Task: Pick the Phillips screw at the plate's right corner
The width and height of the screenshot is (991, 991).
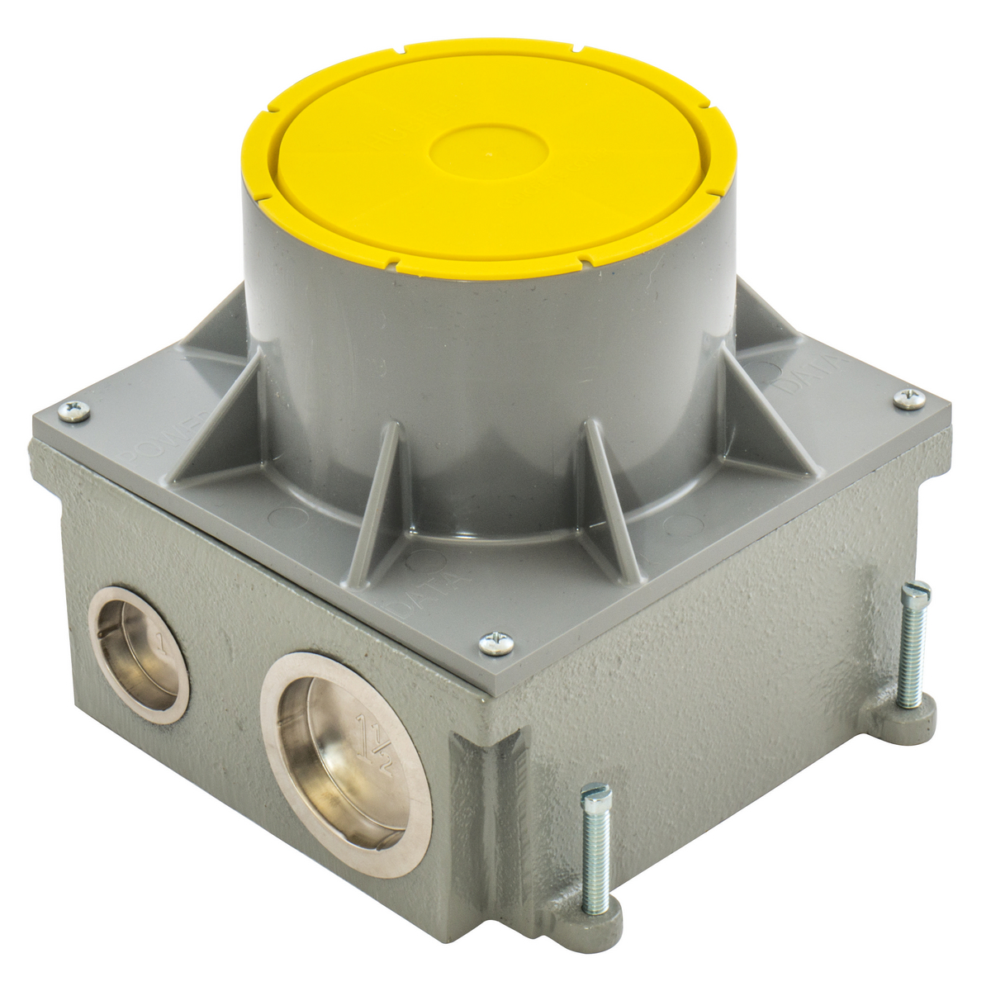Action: (908, 398)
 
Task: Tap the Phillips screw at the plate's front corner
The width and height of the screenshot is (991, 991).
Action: (496, 642)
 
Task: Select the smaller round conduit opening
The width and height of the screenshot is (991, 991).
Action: (140, 654)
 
